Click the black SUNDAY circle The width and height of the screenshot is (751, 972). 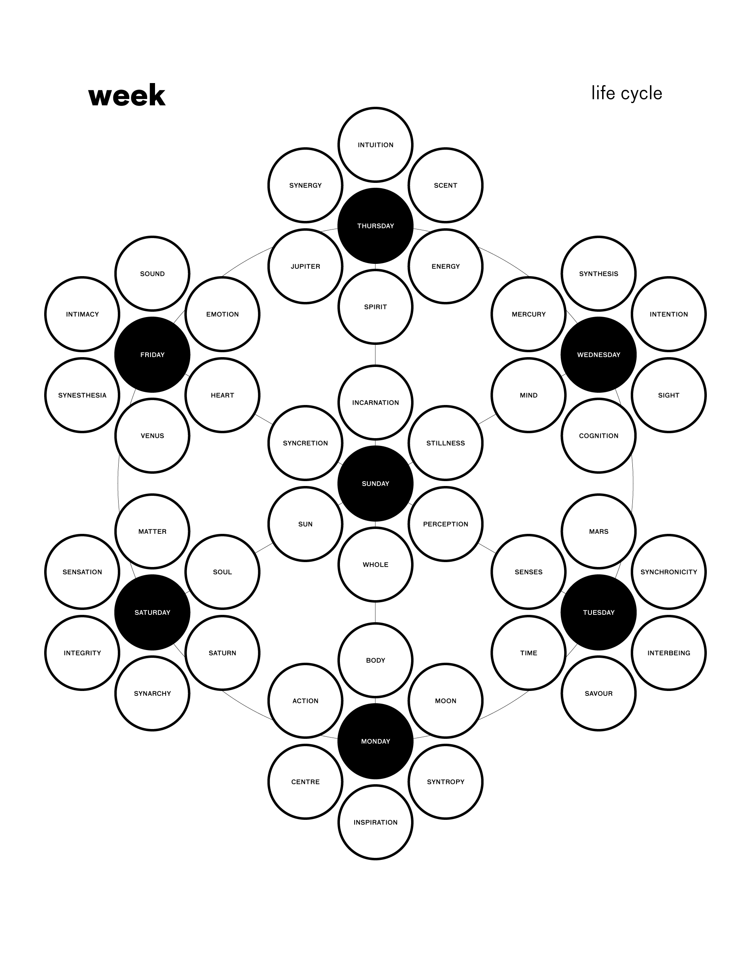pyautogui.click(x=375, y=483)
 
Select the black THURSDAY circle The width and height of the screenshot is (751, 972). pyautogui.click(x=375, y=226)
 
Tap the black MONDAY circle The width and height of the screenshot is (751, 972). pyautogui.click(x=375, y=741)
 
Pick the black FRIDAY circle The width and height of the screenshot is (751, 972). pyautogui.click(x=152, y=355)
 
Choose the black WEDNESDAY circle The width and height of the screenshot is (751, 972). pyautogui.click(x=598, y=355)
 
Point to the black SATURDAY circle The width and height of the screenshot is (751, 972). pyautogui.click(x=152, y=612)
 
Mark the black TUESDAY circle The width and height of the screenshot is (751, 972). pyautogui.click(x=598, y=612)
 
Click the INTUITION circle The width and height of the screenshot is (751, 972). pyautogui.click(x=375, y=145)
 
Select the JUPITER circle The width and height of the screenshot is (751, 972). pyautogui.click(x=305, y=266)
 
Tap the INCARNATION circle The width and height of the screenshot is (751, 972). pyautogui.click(x=375, y=402)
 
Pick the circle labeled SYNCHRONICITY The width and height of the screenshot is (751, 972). pyautogui.click(x=668, y=572)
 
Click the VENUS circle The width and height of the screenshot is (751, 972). pyautogui.click(x=152, y=436)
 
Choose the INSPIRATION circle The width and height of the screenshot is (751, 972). pyautogui.click(x=375, y=822)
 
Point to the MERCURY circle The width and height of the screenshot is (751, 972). pyautogui.click(x=528, y=314)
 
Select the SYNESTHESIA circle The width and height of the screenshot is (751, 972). pyautogui.click(x=82, y=395)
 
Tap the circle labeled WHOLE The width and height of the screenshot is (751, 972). pyautogui.click(x=375, y=564)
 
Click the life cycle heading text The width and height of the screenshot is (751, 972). pyautogui.click(x=626, y=93)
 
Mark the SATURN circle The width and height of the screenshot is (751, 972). pyautogui.click(x=222, y=653)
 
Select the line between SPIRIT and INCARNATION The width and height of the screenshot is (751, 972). pyautogui.click(x=375, y=355)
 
